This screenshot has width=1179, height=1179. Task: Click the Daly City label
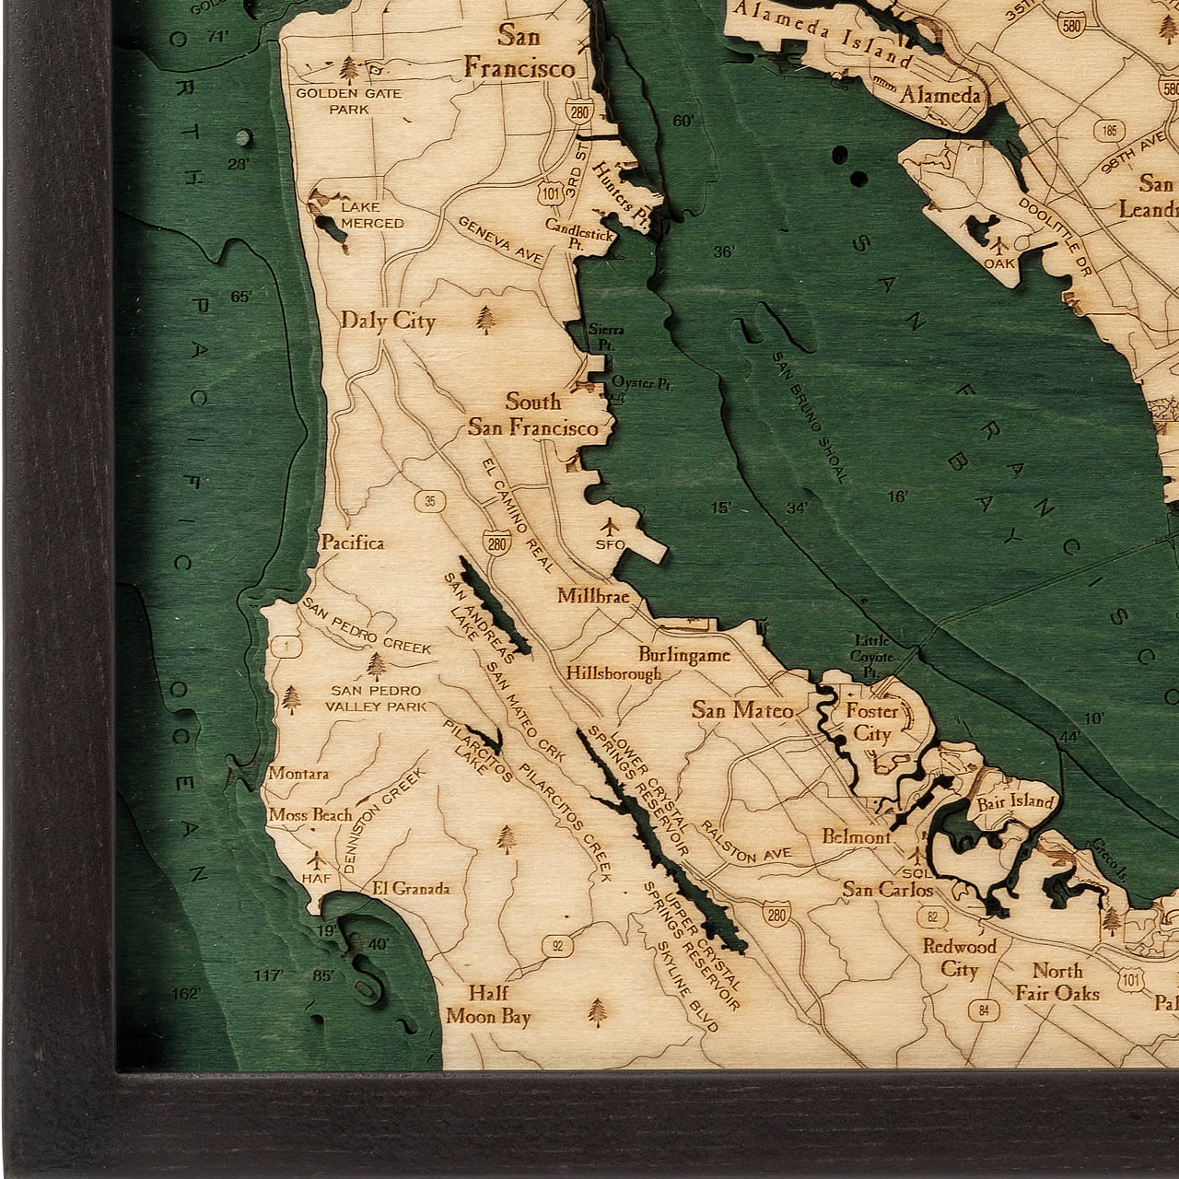387,321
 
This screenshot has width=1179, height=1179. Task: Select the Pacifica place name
352,543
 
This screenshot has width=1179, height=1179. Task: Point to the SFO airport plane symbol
609,527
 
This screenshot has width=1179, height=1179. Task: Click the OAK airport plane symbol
1001,246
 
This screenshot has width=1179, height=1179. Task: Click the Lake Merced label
371,216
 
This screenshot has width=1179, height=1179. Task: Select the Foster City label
871,722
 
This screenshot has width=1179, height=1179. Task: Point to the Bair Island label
1014,800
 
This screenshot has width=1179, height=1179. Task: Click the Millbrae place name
592,597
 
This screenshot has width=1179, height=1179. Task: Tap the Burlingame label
684,655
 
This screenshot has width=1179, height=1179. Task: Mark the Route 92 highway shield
557,943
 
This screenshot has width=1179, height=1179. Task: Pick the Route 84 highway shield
986,1011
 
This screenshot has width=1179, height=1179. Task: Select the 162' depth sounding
186,994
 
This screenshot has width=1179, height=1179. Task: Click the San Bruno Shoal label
808,417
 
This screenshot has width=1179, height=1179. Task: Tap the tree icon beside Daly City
484,319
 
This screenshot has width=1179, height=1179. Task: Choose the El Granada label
411,889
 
